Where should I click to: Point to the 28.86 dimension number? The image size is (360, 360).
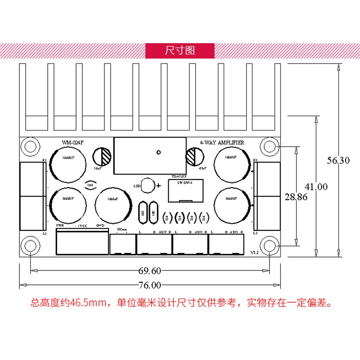295,197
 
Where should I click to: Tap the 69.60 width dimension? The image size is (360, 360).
150,271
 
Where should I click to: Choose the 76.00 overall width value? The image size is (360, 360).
150,285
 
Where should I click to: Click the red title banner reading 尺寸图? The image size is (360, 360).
180,50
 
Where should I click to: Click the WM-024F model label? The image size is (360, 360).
73,143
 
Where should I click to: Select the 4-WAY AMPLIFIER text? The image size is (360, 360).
222,143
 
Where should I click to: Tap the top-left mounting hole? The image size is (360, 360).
31,147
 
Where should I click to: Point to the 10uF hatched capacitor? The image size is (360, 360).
103,157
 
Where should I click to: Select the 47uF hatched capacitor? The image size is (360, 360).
193,157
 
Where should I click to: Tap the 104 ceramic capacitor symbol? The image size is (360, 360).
90,184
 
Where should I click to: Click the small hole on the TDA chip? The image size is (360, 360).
158,152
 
